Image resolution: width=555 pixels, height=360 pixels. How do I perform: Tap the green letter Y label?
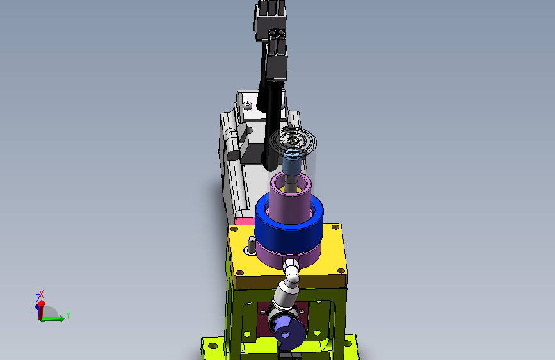click(x=68, y=315)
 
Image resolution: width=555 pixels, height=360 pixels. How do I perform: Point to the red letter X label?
click(x=42, y=294)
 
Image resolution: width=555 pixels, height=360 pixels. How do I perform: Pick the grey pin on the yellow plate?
click(x=252, y=245)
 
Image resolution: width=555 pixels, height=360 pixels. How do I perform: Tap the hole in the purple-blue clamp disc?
click(x=286, y=334)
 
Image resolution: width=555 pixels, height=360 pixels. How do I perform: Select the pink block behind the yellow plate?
click(x=245, y=222)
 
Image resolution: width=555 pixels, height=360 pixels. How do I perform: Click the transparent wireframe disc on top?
click(x=293, y=141)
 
